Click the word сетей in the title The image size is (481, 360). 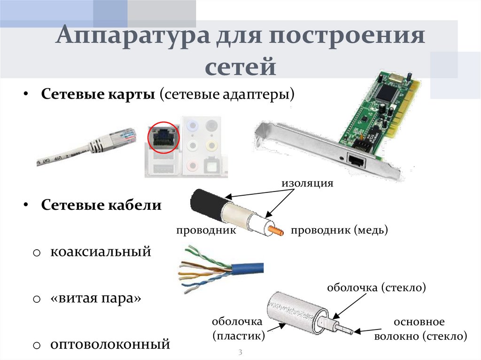[x=240, y=66]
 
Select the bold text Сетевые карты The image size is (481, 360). [x=98, y=95]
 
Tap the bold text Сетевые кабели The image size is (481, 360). [x=101, y=206]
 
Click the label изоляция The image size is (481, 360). [x=307, y=183]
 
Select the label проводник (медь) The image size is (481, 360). [x=339, y=230]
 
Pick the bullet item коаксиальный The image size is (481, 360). [x=101, y=252]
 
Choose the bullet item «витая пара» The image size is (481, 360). [x=96, y=298]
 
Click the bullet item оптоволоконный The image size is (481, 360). [x=110, y=345]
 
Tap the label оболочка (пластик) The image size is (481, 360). [x=238, y=329]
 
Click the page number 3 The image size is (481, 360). [x=240, y=352]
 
